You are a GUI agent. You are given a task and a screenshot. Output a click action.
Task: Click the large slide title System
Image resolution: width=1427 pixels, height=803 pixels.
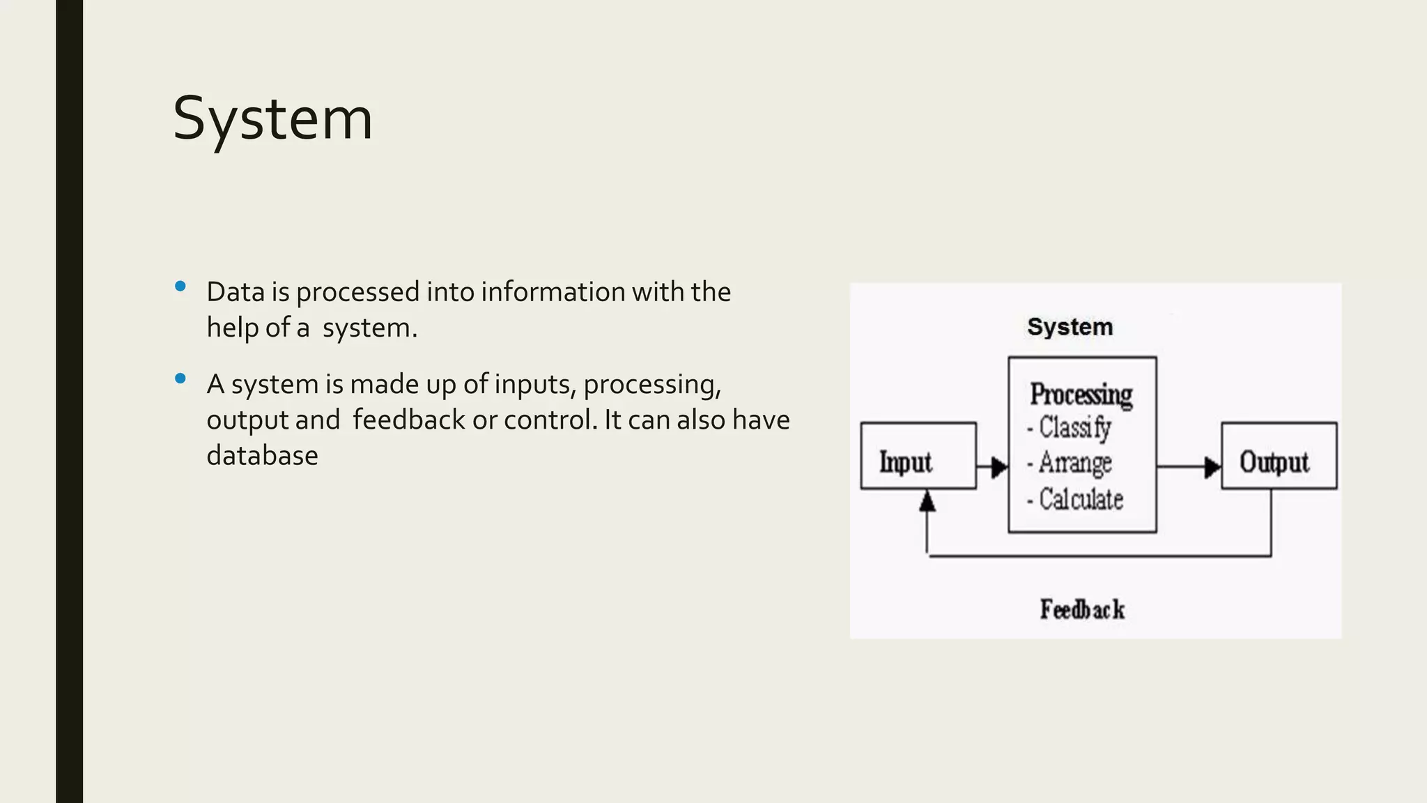pyautogui.click(x=272, y=119)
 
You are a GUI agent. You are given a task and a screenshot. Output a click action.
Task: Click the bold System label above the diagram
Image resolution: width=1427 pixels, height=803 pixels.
pyautogui.click(x=1070, y=327)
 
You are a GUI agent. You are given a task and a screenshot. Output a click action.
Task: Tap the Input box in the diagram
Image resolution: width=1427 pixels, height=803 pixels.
pyautogui.click(x=918, y=456)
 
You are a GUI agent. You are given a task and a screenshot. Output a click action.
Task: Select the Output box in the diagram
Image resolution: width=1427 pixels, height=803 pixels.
pyautogui.click(x=1279, y=456)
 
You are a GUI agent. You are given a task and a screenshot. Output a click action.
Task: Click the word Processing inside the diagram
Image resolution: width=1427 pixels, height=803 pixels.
pyautogui.click(x=1081, y=395)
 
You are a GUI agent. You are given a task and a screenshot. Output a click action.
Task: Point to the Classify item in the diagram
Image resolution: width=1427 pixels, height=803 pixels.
pyautogui.click(x=1074, y=428)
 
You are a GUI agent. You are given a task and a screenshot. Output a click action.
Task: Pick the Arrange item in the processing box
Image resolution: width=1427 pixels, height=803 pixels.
pyautogui.click(x=1074, y=463)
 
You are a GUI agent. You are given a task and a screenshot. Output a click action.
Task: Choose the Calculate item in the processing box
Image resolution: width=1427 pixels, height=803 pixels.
pyautogui.click(x=1081, y=499)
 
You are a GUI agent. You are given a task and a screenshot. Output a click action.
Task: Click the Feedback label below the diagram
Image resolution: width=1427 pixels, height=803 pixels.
pyautogui.click(x=1082, y=609)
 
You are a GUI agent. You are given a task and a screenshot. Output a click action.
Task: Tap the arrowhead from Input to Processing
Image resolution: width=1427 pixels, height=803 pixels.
pyautogui.click(x=1000, y=466)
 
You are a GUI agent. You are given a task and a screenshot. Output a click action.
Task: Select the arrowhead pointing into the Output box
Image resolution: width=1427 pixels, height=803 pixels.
pyautogui.click(x=1213, y=466)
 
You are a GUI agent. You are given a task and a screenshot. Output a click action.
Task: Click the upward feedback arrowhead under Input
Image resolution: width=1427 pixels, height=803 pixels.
pyautogui.click(x=927, y=500)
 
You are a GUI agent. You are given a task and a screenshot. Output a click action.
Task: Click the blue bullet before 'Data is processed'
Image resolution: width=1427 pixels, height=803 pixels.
pyautogui.click(x=180, y=286)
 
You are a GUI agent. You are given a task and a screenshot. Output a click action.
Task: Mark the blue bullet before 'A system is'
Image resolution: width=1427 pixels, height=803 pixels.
pyautogui.click(x=180, y=378)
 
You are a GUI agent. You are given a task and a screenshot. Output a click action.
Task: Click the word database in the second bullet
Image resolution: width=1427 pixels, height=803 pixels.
pyautogui.click(x=262, y=456)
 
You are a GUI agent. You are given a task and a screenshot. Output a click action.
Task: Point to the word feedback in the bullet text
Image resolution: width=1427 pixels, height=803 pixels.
pyautogui.click(x=408, y=420)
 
